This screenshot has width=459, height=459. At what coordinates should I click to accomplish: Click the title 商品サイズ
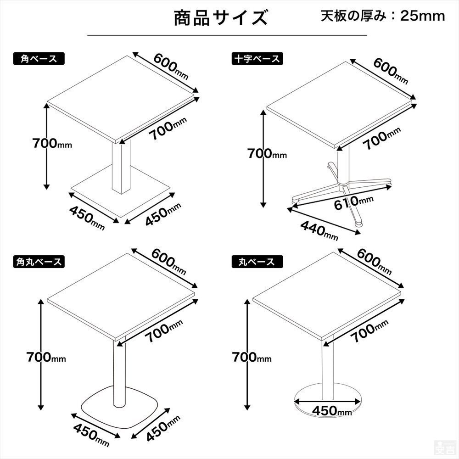(x=220, y=19)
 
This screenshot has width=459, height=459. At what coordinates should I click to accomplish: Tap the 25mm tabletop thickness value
(x=422, y=16)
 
